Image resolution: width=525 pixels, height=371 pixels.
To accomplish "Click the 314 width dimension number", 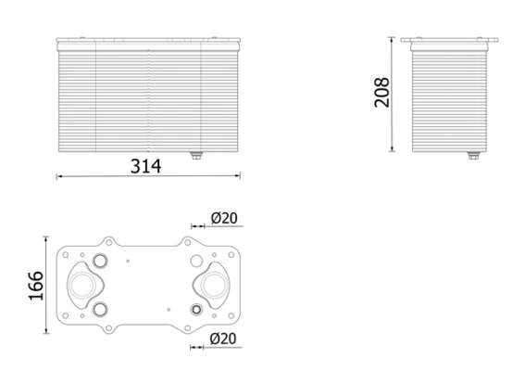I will [x=146, y=166].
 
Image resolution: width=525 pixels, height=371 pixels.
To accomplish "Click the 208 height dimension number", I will [x=381, y=93].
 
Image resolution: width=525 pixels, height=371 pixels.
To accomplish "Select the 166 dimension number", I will [x=33, y=287].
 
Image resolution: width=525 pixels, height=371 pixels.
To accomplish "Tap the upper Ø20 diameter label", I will [x=224, y=218].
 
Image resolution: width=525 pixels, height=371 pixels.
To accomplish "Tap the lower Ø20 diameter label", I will [x=224, y=340].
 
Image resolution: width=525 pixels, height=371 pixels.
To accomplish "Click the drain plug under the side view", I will [x=474, y=156].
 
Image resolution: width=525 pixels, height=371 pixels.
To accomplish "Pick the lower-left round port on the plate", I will [x=99, y=308].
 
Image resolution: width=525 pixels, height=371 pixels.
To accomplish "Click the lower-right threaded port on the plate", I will [x=195, y=308].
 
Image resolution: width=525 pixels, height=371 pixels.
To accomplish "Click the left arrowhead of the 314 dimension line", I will [x=59, y=176].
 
